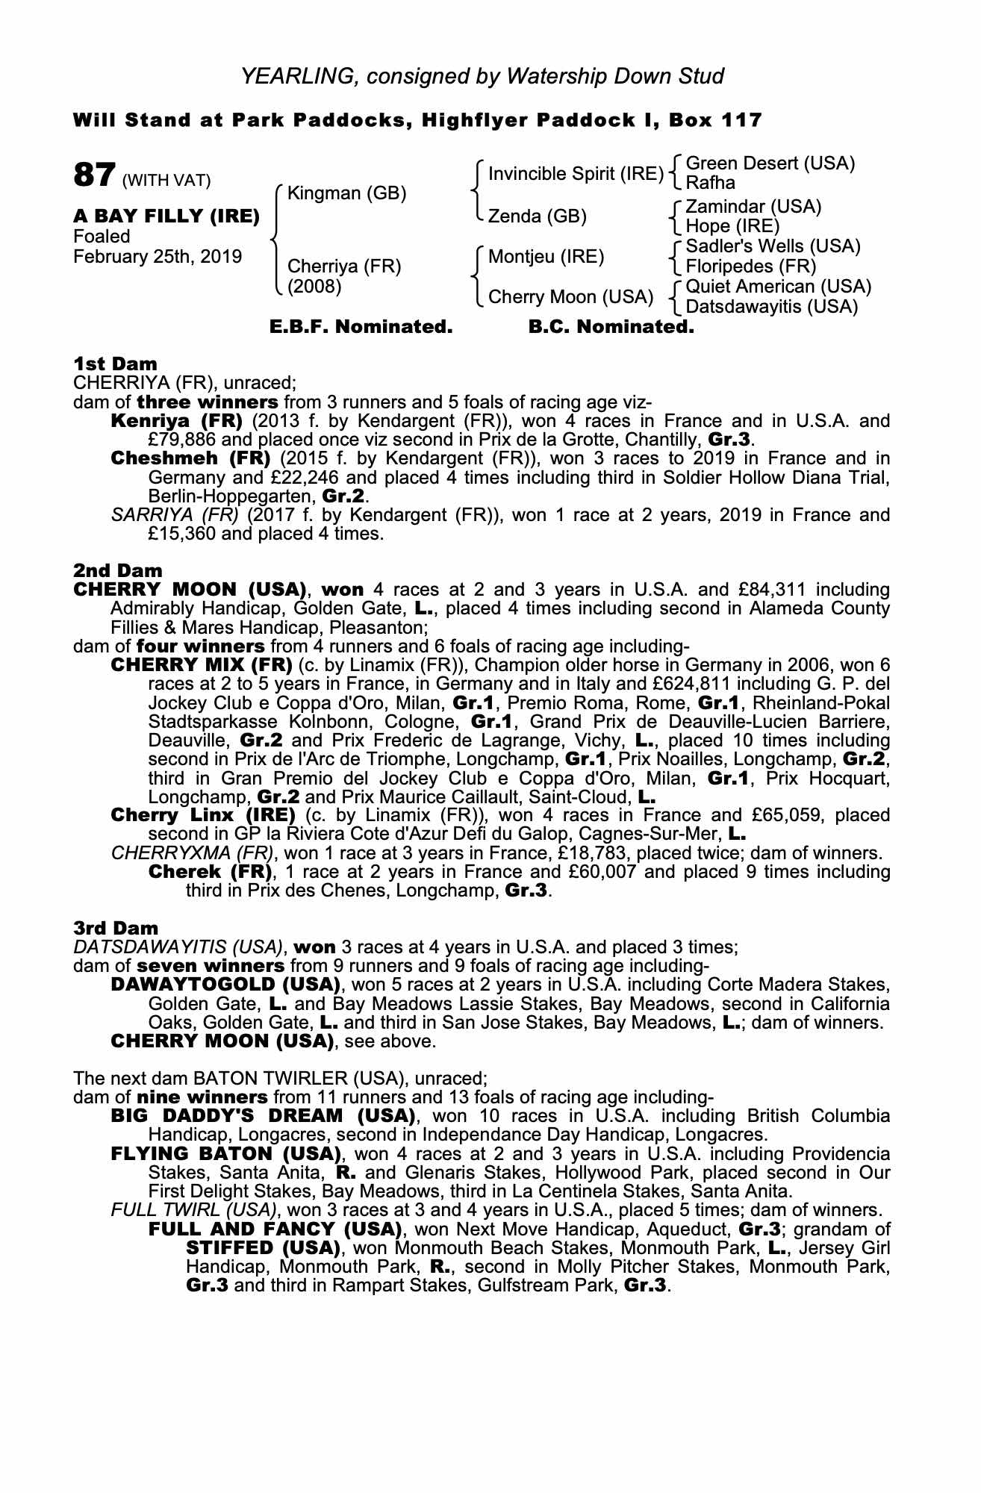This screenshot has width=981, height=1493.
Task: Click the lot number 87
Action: pos(94,175)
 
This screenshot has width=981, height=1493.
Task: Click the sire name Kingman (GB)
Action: pos(346,194)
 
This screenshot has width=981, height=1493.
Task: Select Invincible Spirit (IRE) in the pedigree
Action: pos(576,174)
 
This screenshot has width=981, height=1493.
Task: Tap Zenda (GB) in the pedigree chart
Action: pos(538,216)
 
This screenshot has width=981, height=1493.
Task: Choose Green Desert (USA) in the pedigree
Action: pos(770,163)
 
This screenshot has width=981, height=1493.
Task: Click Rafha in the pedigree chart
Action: pos(710,183)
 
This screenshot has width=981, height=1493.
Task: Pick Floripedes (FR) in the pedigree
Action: pos(750,267)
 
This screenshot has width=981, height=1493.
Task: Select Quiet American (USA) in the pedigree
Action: pos(778,287)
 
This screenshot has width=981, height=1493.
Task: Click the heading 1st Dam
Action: pos(115,364)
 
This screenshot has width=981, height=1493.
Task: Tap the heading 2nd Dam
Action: pos(118,571)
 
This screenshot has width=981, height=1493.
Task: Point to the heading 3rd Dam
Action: pos(116,928)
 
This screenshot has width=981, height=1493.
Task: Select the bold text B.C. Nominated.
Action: pos(611,327)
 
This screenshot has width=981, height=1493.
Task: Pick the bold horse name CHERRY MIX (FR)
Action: pos(201,665)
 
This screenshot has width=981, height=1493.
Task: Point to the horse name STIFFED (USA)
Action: pos(263,1247)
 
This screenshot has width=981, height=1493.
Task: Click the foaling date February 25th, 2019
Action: pos(158,257)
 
